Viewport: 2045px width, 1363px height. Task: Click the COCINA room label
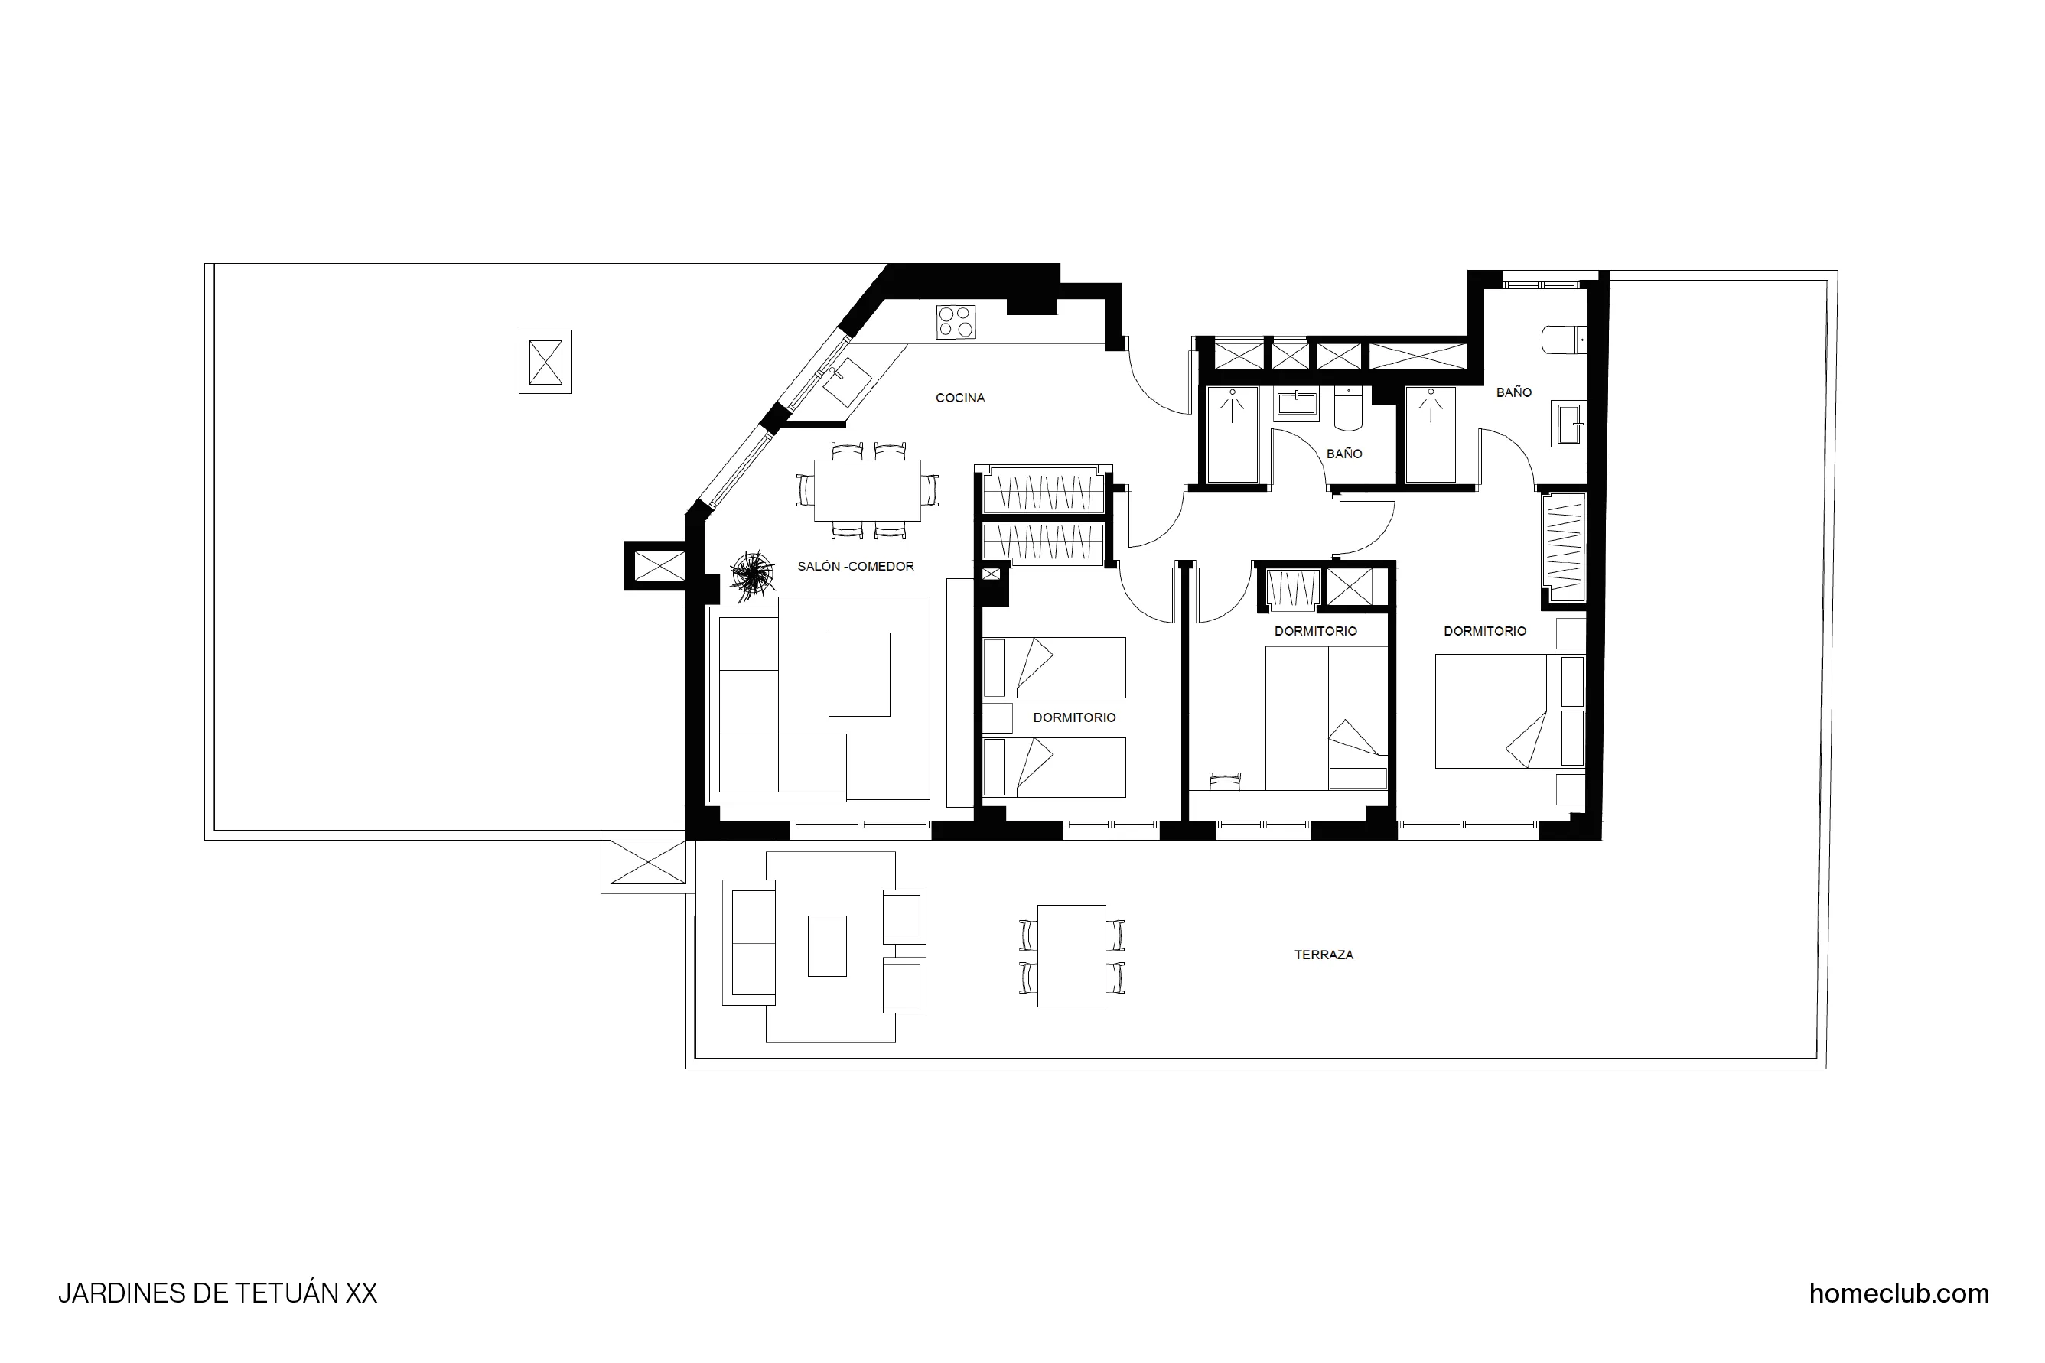(x=960, y=398)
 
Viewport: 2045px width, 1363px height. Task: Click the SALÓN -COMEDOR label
(x=855, y=567)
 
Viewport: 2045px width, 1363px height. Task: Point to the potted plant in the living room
(x=751, y=574)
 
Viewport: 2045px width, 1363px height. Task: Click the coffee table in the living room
(x=859, y=675)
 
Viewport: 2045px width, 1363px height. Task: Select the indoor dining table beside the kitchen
(x=867, y=490)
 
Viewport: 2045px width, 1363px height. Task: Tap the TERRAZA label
(x=1324, y=955)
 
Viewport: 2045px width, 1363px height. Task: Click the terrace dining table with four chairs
(x=1071, y=956)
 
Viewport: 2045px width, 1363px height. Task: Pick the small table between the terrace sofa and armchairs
(x=827, y=945)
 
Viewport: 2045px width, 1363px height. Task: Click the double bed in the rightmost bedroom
(x=1491, y=711)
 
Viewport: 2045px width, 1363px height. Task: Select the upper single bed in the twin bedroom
(x=1053, y=668)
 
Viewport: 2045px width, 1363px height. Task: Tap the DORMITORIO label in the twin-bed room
(x=1074, y=718)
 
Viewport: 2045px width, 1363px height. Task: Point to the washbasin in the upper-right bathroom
(x=1569, y=425)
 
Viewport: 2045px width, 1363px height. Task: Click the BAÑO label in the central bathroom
(x=1343, y=454)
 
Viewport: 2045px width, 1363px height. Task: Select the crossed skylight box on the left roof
(x=545, y=362)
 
